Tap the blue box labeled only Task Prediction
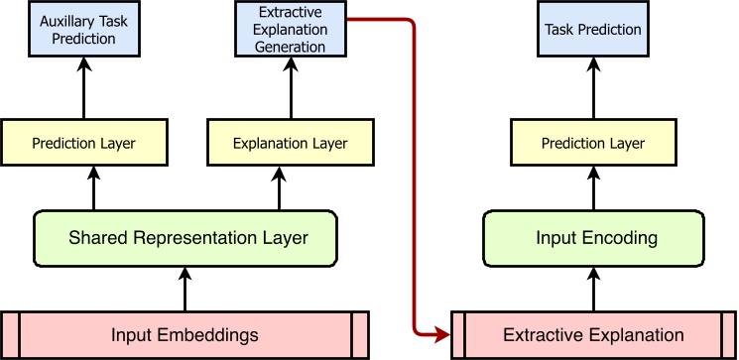coord(593,30)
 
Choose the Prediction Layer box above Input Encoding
coord(593,143)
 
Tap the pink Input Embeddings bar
coord(185,335)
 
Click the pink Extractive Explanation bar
coord(593,335)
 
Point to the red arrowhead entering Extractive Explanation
coord(442,335)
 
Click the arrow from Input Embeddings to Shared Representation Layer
coord(185,289)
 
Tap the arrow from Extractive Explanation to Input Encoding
coord(593,289)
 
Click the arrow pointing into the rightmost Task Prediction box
coord(593,89)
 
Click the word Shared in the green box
coord(94,238)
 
